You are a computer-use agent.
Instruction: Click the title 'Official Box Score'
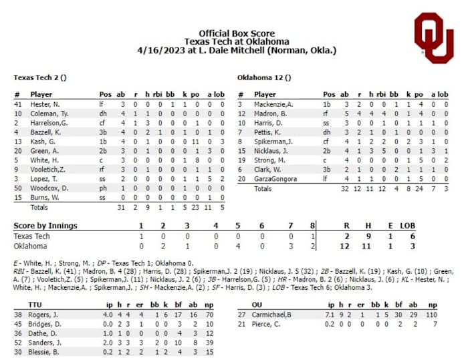pyautogui.click(x=236, y=33)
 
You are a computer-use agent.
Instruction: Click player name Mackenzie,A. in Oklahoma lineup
pyautogui.click(x=274, y=104)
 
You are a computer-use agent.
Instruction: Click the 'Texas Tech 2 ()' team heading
pyautogui.click(x=39, y=77)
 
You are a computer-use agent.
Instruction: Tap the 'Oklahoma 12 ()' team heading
pyautogui.click(x=264, y=77)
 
